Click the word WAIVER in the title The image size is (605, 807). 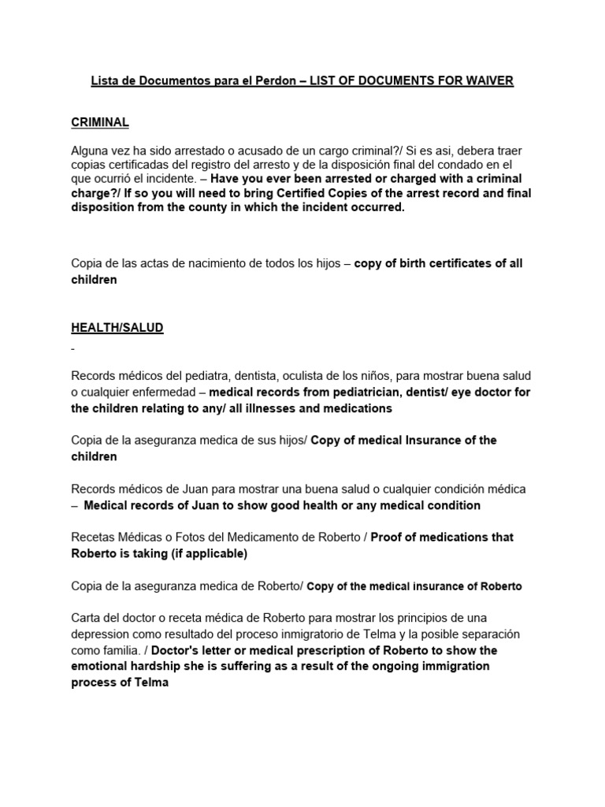click(x=488, y=81)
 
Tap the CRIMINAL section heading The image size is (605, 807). click(x=100, y=122)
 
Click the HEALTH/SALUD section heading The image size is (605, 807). click(x=117, y=328)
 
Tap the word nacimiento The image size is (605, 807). click(x=217, y=263)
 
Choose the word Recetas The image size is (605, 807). click(x=93, y=537)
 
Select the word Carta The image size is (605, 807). click(x=86, y=617)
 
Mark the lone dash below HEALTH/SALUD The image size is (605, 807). click(x=73, y=348)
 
